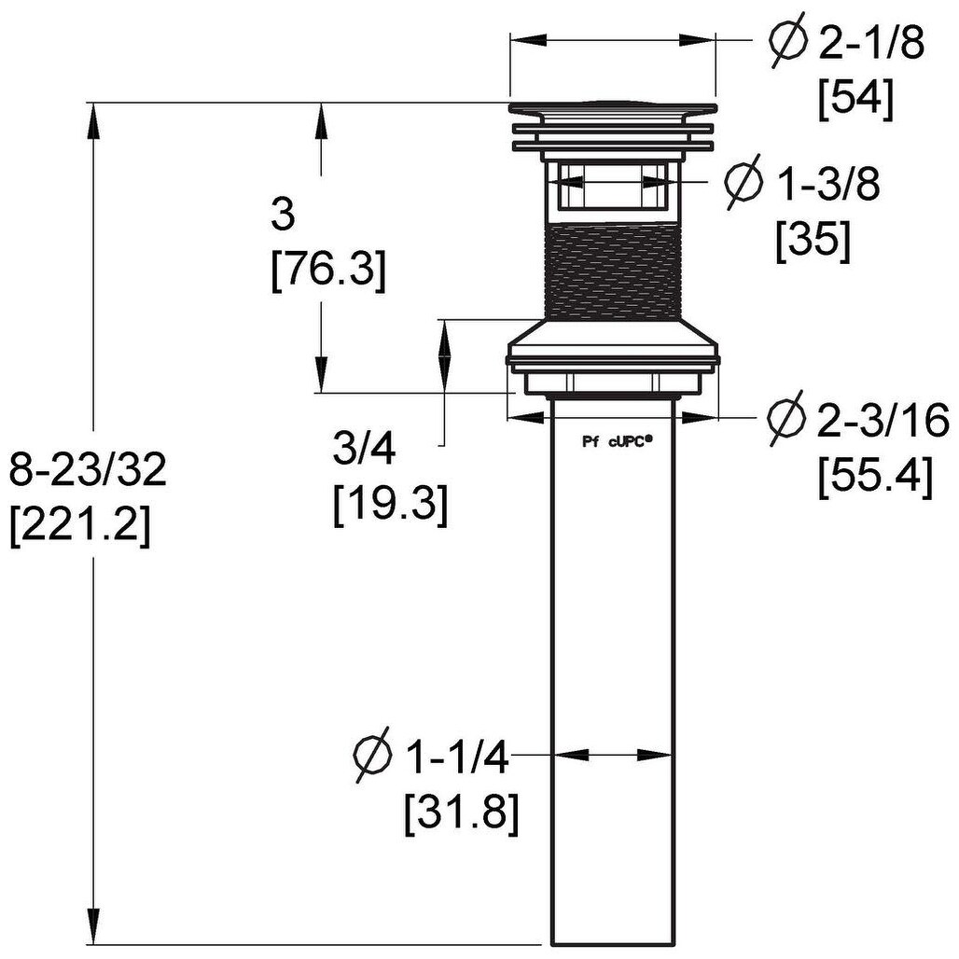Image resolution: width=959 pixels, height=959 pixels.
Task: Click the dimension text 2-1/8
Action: point(871,43)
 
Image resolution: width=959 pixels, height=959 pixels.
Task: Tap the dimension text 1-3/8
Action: point(828,185)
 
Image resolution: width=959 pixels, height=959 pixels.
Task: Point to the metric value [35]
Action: point(813,242)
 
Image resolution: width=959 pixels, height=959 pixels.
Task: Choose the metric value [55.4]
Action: point(875,477)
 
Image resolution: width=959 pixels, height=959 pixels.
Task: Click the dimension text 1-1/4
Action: point(455,759)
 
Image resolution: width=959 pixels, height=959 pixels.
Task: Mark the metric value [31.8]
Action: point(461,814)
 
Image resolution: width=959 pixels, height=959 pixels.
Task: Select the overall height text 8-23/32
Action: point(88,471)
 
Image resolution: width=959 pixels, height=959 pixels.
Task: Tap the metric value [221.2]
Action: point(79,527)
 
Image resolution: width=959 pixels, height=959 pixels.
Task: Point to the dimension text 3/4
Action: point(365,450)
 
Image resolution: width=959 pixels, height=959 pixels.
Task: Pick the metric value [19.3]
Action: point(391,505)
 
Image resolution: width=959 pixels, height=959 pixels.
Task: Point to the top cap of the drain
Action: point(612,111)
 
